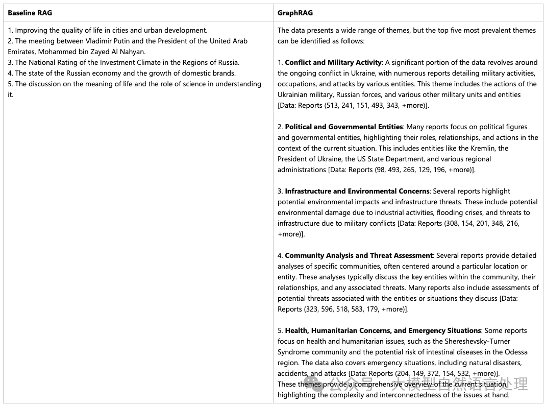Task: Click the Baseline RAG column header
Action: click(x=30, y=12)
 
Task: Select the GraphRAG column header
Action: click(x=295, y=12)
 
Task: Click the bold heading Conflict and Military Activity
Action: click(x=333, y=62)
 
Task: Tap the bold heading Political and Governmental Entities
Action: click(x=344, y=127)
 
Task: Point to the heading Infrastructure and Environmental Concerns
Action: click(x=357, y=191)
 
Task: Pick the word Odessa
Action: click(x=516, y=352)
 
